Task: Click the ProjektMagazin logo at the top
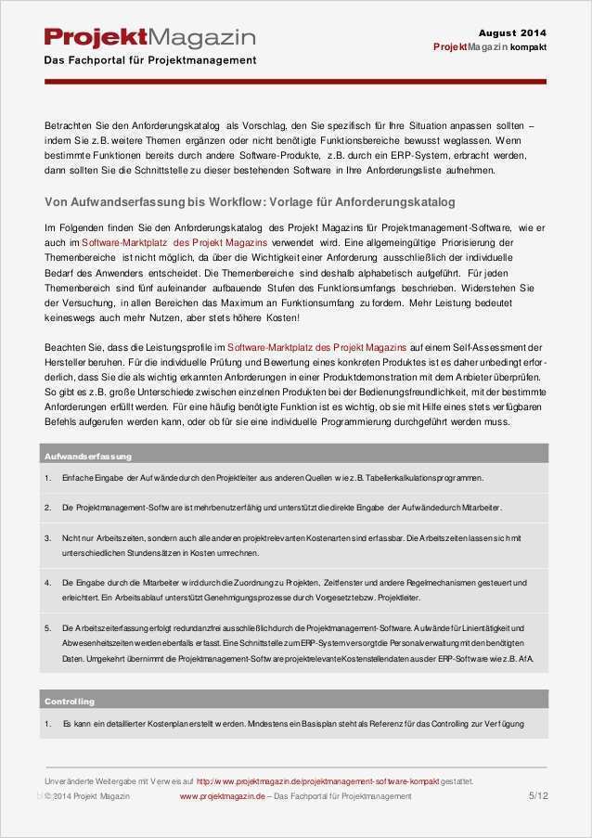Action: [x=149, y=38]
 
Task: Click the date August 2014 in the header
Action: [x=512, y=32]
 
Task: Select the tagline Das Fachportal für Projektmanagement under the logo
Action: [x=150, y=60]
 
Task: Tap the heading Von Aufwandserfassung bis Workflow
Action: [x=250, y=201]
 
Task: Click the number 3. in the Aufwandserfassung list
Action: [x=47, y=537]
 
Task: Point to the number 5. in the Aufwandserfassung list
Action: [x=47, y=628]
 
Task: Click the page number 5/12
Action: [x=537, y=795]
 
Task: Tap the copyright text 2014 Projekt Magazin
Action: [x=90, y=796]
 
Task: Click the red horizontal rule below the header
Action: [x=295, y=82]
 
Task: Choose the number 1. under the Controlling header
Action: [x=47, y=723]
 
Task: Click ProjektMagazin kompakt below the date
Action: [x=489, y=47]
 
